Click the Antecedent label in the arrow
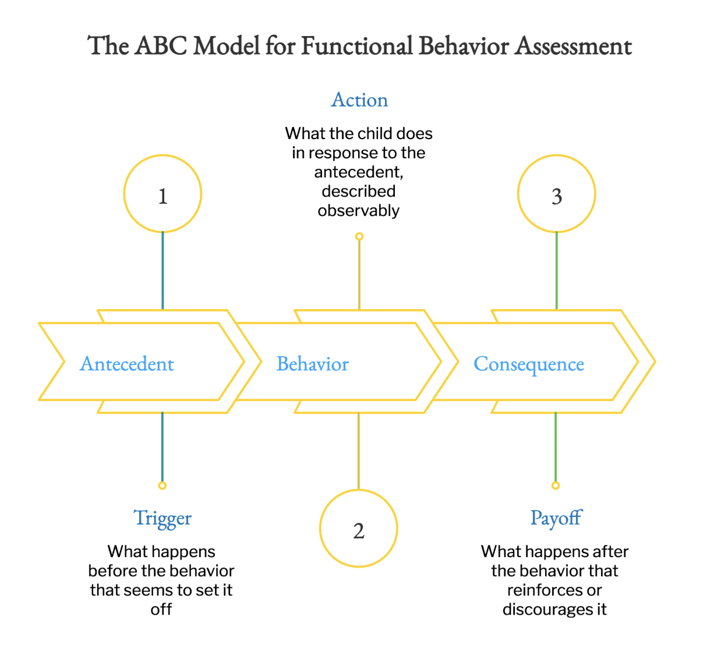126,364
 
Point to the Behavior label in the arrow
312,364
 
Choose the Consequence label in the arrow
529,365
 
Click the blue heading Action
359,100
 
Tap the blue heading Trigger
162,519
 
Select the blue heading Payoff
556,518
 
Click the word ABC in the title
161,46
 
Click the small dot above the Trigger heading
162,485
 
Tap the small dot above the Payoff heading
555,485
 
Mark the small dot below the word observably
359,236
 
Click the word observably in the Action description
358,211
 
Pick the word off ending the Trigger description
161,609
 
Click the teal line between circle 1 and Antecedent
162,271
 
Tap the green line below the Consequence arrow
555,447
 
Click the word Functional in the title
357,46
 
